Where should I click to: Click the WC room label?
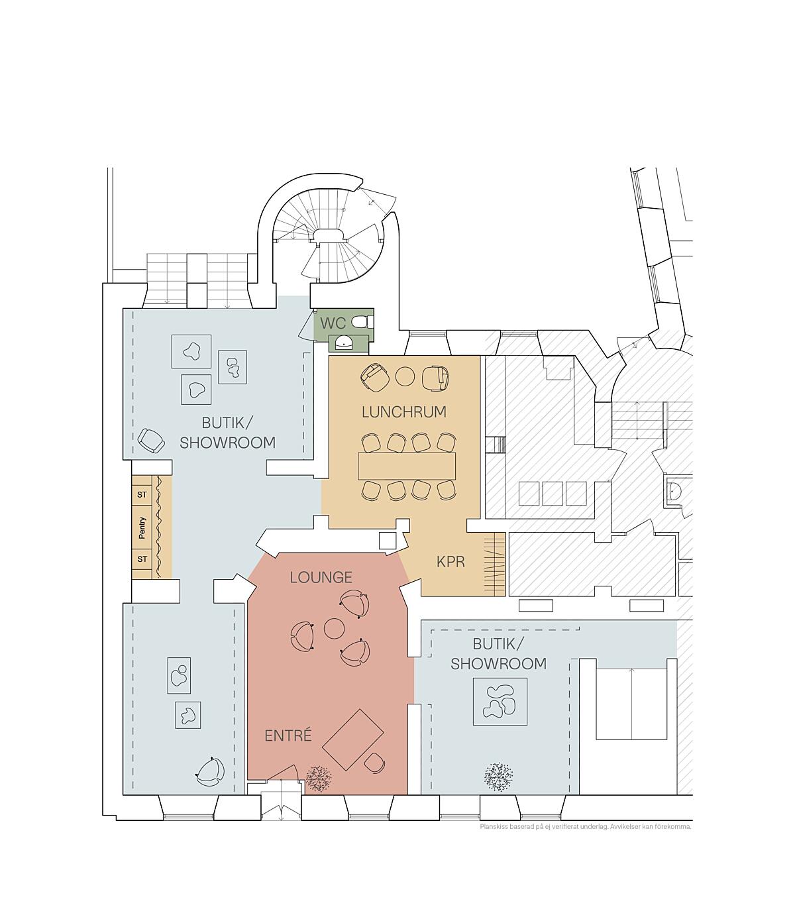[x=333, y=323]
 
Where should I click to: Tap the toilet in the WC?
[x=360, y=321]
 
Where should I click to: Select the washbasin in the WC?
[x=344, y=344]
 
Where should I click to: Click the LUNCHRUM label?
[x=404, y=411]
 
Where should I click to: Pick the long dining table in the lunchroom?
[x=407, y=466]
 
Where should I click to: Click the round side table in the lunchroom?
[x=405, y=376]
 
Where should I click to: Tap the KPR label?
[x=451, y=562]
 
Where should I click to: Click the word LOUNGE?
[x=321, y=577]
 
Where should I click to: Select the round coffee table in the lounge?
[x=334, y=629]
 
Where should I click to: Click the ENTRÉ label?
[x=288, y=735]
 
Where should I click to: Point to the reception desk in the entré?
[x=353, y=739]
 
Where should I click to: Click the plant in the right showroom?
[x=499, y=777]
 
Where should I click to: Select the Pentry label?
[x=142, y=528]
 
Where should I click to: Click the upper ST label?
[x=142, y=495]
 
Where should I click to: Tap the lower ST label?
[x=142, y=559]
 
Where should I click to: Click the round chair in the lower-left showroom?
[x=210, y=772]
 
